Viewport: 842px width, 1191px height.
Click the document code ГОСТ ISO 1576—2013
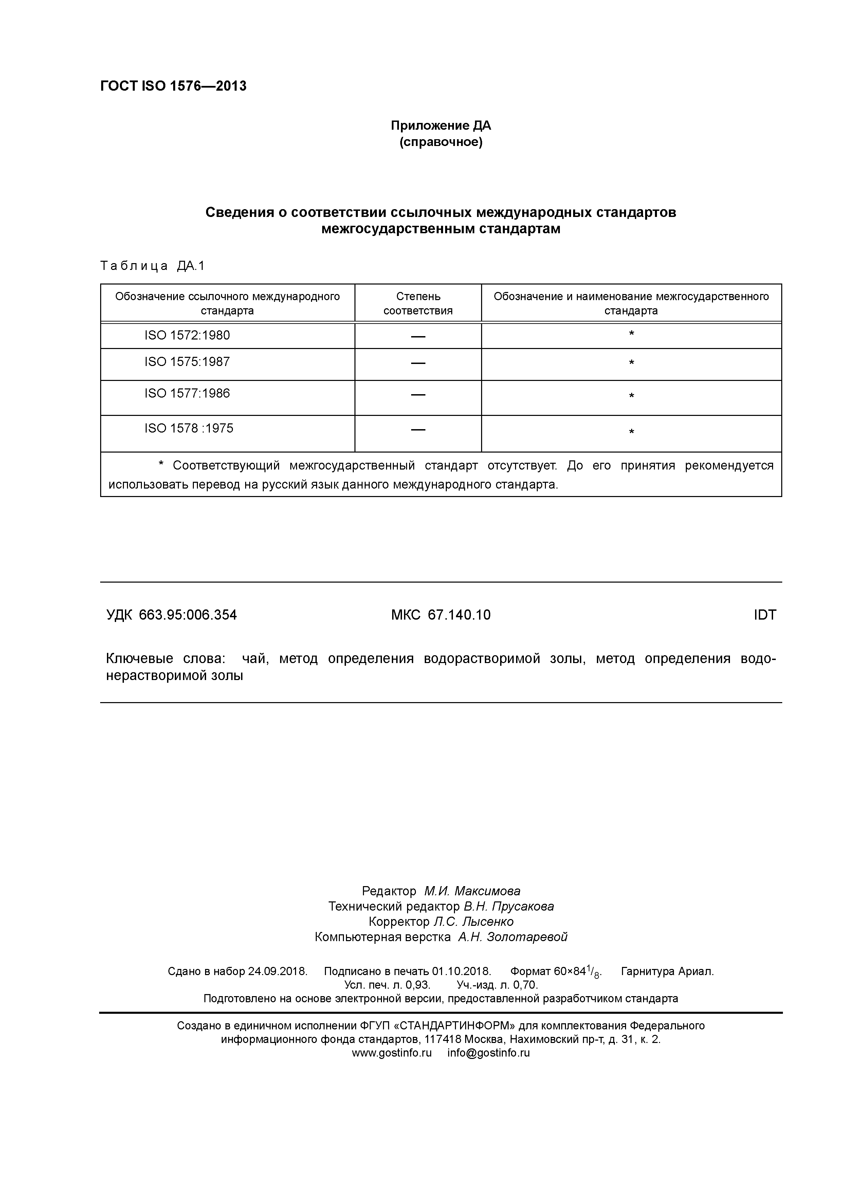[173, 86]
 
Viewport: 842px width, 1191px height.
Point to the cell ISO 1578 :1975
[189, 428]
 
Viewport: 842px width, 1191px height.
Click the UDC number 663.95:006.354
[188, 615]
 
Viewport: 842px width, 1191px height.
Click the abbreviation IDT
[765, 615]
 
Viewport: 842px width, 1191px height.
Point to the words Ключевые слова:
[165, 659]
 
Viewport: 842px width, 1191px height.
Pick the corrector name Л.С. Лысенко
[473, 922]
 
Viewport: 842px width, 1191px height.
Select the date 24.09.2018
[277, 972]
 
